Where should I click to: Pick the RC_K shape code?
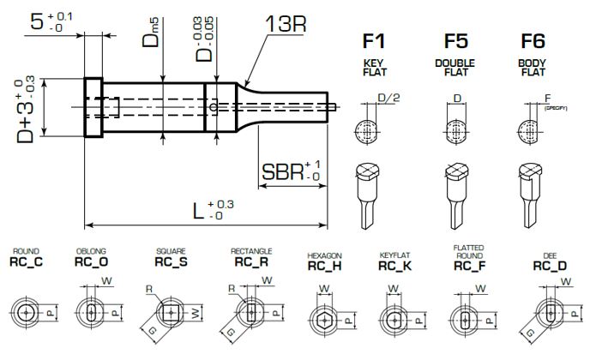pyautogui.click(x=396, y=267)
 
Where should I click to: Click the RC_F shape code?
pyautogui.click(x=470, y=265)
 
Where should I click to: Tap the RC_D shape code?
pyautogui.click(x=549, y=267)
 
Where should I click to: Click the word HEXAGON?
pyautogui.click(x=325, y=255)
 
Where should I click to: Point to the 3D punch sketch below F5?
pyautogui.click(x=454, y=193)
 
